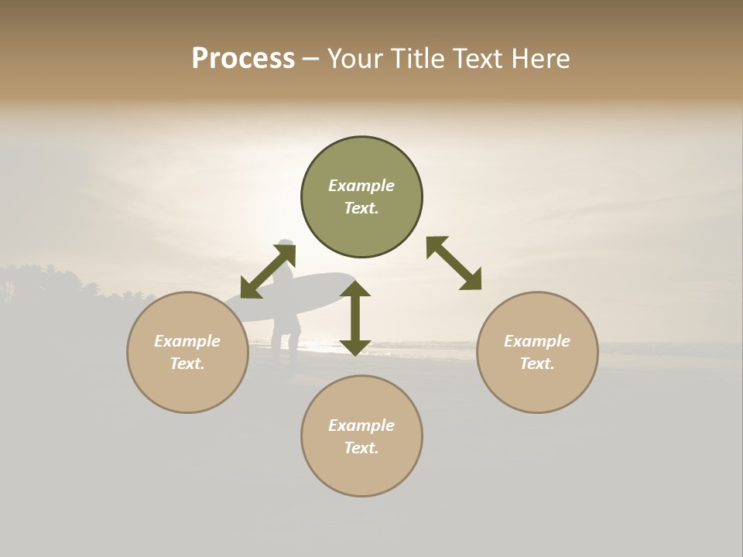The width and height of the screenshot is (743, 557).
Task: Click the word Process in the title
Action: pyautogui.click(x=243, y=59)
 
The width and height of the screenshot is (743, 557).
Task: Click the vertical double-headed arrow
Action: pyautogui.click(x=355, y=318)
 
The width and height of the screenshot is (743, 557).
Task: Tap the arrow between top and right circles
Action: pyautogui.click(x=454, y=263)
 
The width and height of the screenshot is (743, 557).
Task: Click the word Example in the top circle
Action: pyautogui.click(x=361, y=186)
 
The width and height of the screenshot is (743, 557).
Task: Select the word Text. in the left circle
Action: pyautogui.click(x=187, y=364)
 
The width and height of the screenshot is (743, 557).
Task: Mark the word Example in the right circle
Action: pyautogui.click(x=537, y=341)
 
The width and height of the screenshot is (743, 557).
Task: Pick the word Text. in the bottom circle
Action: pyautogui.click(x=361, y=448)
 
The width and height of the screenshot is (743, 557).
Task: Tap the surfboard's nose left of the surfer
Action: pyautogui.click(x=232, y=309)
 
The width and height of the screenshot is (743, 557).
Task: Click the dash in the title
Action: pyautogui.click(x=311, y=59)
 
